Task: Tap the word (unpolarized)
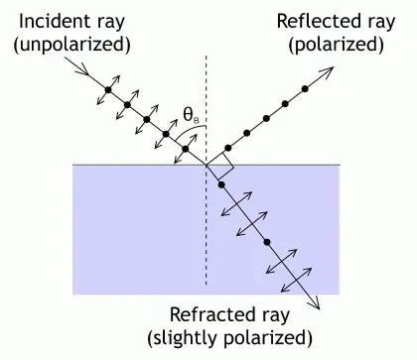[71, 45]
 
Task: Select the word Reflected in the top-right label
[317, 22]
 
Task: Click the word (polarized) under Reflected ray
[336, 45]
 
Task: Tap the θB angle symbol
[191, 116]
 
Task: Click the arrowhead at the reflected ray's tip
[328, 72]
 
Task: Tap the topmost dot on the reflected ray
[305, 88]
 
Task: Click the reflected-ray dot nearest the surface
[227, 148]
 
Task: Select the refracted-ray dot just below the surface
[221, 184]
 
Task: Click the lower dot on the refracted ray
[267, 242]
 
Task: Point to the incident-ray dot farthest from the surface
[108, 89]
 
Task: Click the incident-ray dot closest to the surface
[186, 149]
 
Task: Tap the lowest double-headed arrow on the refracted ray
[296, 280]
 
